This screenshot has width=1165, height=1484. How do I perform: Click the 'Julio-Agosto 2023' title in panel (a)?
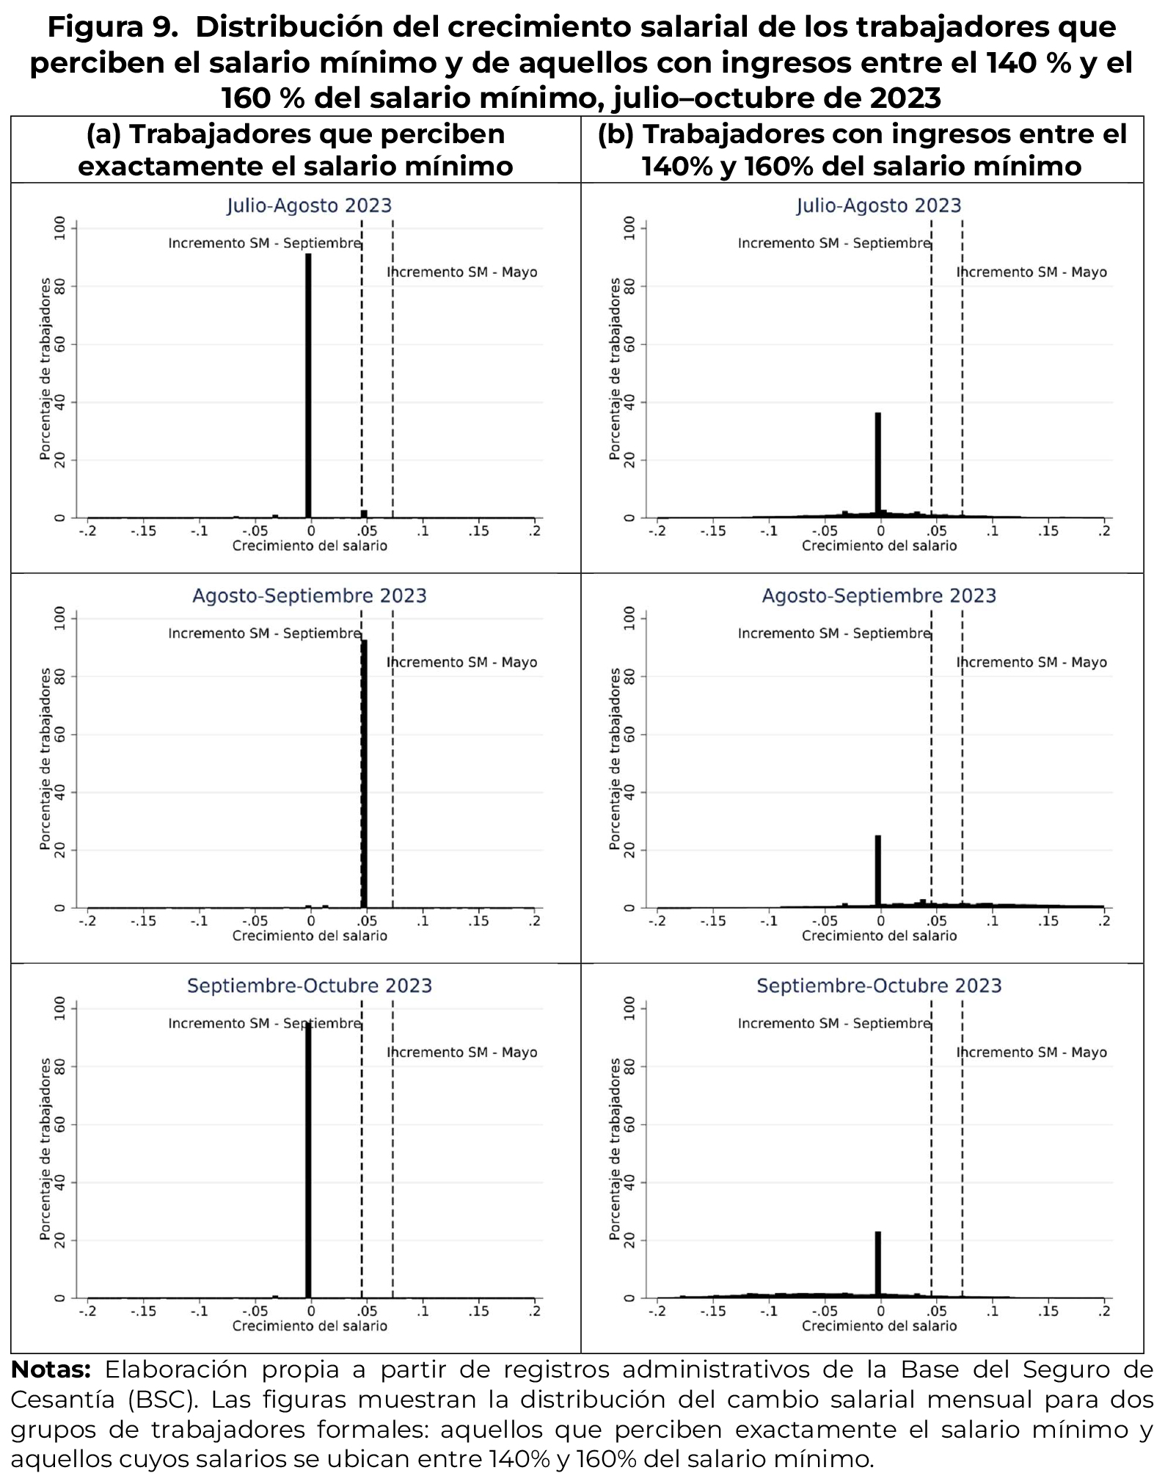tap(309, 205)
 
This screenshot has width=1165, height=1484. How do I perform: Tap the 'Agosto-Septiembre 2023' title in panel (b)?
tap(879, 595)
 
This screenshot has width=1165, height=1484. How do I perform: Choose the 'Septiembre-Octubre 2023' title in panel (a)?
tap(309, 985)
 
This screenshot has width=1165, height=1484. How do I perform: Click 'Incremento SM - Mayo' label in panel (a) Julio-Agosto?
tap(462, 272)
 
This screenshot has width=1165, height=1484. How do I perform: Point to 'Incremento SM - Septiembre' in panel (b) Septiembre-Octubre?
tap(834, 1023)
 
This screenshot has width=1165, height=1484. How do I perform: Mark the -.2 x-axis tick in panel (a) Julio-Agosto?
tap(87, 531)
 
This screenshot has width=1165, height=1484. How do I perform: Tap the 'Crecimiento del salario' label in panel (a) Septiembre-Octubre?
tap(309, 1326)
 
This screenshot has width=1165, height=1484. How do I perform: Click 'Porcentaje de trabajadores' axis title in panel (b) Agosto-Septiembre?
tap(615, 759)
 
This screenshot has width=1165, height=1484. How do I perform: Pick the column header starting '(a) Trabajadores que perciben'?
tap(296, 150)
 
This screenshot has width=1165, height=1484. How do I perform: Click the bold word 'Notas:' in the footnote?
tap(51, 1370)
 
